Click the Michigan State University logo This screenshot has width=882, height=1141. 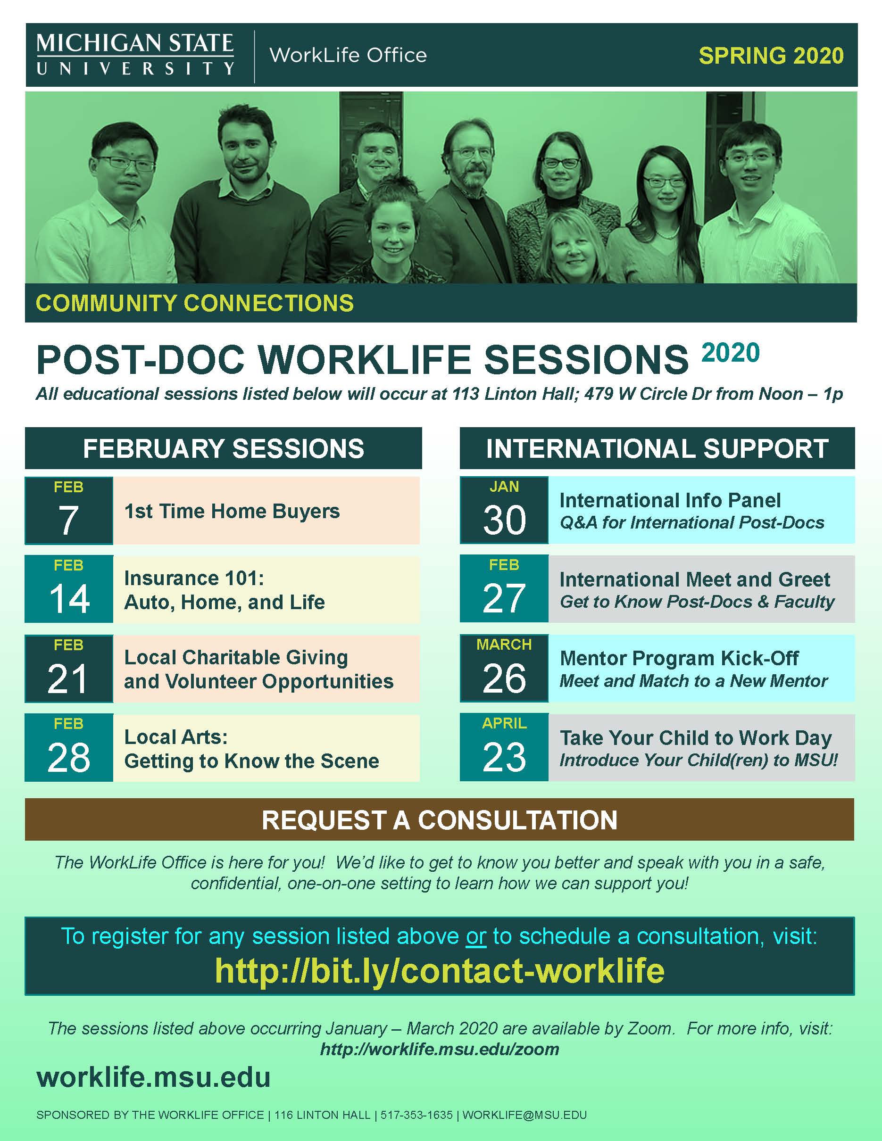coord(135,54)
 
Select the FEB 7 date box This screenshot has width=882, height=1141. coord(69,511)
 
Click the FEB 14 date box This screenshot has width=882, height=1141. coord(69,589)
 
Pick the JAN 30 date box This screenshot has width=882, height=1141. coord(504,510)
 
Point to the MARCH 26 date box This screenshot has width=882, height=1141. coord(504,668)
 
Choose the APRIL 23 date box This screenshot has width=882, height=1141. coord(504,747)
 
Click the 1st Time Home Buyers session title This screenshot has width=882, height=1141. coord(232,511)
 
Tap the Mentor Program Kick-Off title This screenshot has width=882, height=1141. coord(679,658)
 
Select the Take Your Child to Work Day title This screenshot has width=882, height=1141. coord(696,738)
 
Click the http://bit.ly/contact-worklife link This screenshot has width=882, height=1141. coord(440,970)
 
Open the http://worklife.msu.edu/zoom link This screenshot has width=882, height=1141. coord(440,1049)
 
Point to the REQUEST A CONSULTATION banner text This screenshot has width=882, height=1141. coord(440,820)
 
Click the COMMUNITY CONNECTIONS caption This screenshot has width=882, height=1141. coord(194,303)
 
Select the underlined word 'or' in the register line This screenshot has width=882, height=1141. coord(476,936)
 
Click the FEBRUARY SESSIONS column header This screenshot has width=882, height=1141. coord(224,449)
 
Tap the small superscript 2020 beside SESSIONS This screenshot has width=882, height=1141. coord(731,353)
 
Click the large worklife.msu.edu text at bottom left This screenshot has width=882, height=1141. coord(153,1077)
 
